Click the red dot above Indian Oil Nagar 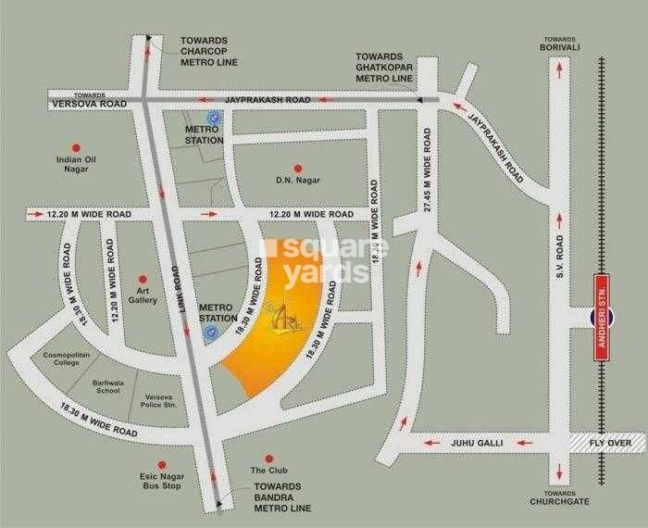tap(77, 145)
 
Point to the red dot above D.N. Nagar tap(297, 167)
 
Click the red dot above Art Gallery tap(143, 277)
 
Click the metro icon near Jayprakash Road tap(215, 118)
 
